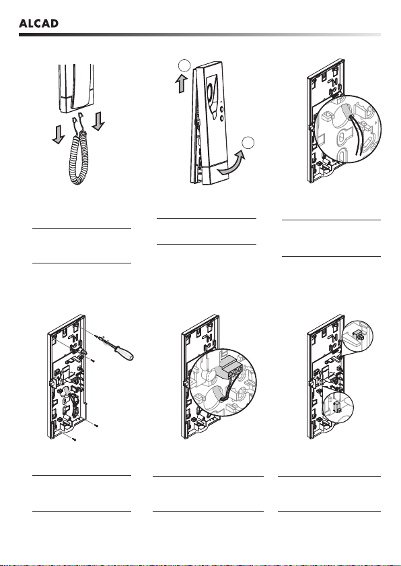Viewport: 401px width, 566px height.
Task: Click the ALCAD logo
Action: (x=38, y=24)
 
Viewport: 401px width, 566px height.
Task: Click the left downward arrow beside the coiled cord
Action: (x=59, y=134)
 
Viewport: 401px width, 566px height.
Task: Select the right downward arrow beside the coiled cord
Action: (x=98, y=121)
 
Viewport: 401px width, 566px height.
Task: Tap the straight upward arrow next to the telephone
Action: (x=182, y=84)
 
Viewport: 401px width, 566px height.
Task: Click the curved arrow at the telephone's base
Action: (x=231, y=164)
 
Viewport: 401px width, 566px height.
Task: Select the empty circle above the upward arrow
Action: (x=184, y=66)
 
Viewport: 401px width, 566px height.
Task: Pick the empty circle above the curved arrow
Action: (x=248, y=143)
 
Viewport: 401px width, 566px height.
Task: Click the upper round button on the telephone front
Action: (x=221, y=109)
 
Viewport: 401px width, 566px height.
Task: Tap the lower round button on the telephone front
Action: (x=221, y=118)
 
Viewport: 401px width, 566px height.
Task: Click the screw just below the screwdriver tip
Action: (x=93, y=360)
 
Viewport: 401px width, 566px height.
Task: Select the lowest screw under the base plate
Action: (x=73, y=439)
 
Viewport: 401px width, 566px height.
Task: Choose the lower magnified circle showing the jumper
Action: (x=338, y=406)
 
